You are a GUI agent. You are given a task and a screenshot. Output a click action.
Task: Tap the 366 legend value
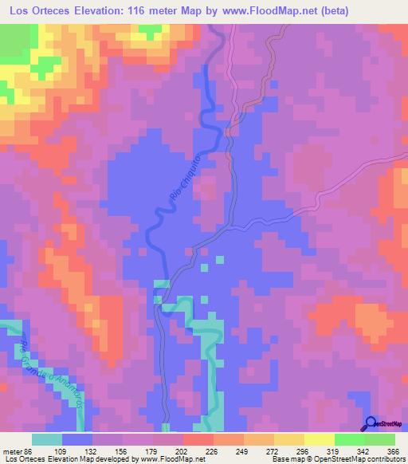point(393,452)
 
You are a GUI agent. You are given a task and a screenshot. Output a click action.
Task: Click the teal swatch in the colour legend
point(47,440)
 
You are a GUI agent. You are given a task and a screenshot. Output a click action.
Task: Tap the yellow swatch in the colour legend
point(320,440)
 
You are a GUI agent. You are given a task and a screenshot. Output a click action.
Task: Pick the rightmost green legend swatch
point(380,440)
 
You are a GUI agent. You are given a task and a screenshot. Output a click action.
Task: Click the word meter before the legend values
point(10,452)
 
